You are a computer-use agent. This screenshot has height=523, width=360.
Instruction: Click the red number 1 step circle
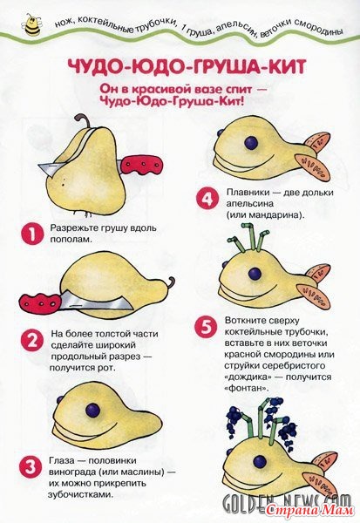point(32,234)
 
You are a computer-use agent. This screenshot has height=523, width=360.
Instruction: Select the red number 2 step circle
point(32,341)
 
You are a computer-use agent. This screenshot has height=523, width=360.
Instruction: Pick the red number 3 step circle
point(31,466)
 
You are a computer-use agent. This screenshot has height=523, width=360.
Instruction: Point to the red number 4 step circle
point(207,200)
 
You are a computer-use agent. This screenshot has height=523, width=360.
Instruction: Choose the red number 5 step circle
point(207,327)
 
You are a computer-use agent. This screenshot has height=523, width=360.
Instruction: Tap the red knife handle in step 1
point(139,166)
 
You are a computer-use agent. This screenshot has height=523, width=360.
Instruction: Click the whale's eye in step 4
point(251,143)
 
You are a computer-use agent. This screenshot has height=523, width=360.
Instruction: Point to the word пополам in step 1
point(71,240)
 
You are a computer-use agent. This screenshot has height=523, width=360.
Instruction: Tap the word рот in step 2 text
point(107,368)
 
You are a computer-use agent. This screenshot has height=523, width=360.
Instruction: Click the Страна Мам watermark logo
point(310,509)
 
